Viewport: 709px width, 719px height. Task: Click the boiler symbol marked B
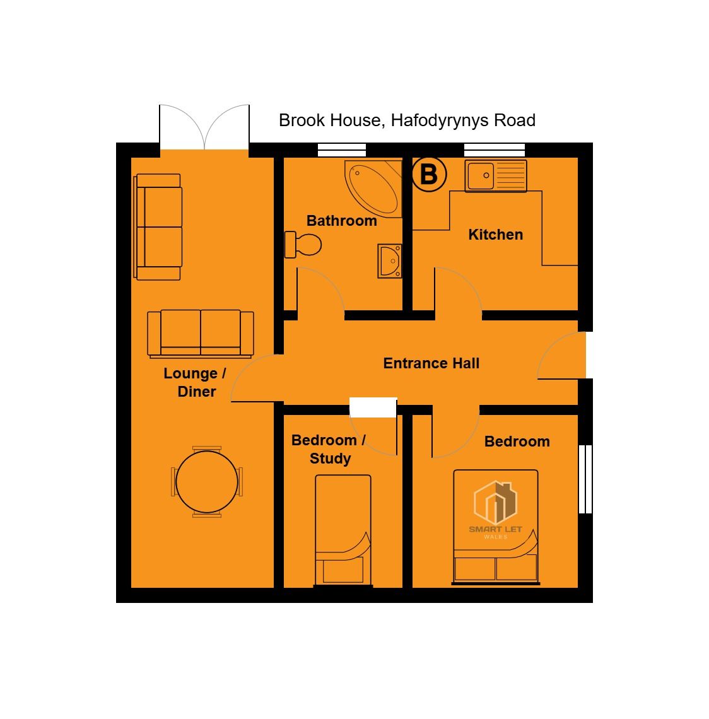click(429, 174)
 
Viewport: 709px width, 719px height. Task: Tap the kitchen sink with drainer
click(496, 175)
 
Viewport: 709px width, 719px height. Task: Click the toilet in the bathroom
click(303, 245)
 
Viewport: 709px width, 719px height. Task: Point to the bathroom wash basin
click(390, 261)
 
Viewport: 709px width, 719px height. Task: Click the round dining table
click(207, 482)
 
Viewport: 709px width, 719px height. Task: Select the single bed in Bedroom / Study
click(343, 530)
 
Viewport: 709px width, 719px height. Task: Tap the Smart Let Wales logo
click(495, 510)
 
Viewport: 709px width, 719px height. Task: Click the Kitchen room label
click(496, 235)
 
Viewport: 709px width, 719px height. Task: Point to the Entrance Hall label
click(431, 363)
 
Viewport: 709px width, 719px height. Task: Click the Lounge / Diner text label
click(195, 382)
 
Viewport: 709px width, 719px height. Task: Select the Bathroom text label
click(342, 221)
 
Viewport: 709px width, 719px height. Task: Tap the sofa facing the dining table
click(201, 334)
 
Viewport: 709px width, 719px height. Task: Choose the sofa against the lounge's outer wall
click(158, 227)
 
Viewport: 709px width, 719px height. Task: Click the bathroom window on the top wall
click(342, 150)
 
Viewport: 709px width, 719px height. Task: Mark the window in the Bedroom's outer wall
click(585, 479)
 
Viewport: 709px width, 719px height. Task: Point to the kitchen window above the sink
click(495, 150)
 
